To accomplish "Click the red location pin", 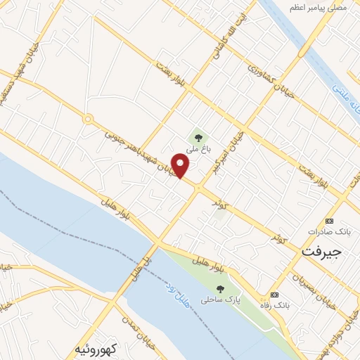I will click(x=181, y=166).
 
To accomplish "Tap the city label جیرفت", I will click(x=322, y=251).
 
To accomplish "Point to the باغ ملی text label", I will click(x=198, y=149).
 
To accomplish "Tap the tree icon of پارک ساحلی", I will click(x=221, y=288).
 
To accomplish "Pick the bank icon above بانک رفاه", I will click(x=274, y=295).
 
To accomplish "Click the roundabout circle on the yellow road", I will click(x=88, y=120).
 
